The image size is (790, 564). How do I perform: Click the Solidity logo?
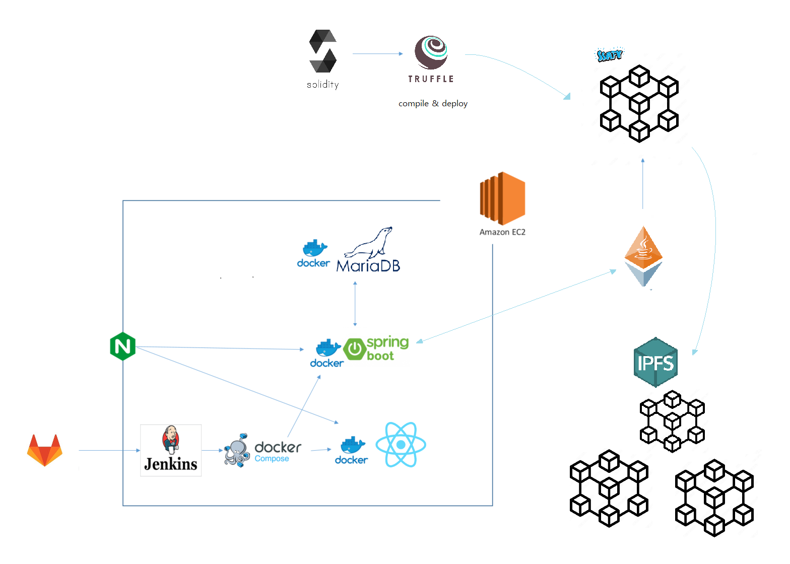[323, 52]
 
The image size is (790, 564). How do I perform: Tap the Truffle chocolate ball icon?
[431, 52]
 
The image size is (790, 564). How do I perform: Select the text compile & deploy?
[433, 104]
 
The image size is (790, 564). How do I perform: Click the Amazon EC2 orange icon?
[502, 198]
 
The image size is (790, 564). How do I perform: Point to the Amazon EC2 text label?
[502, 232]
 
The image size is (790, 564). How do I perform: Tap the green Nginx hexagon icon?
[122, 346]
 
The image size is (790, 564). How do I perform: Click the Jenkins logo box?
[171, 450]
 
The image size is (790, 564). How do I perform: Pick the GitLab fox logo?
[45, 450]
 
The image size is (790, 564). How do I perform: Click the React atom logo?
[401, 445]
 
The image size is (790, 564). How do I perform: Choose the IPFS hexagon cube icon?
[655, 362]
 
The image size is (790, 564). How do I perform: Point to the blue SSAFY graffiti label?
[610, 55]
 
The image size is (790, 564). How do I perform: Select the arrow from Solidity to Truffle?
[377, 53]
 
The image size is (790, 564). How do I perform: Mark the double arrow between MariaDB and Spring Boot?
[355, 304]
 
